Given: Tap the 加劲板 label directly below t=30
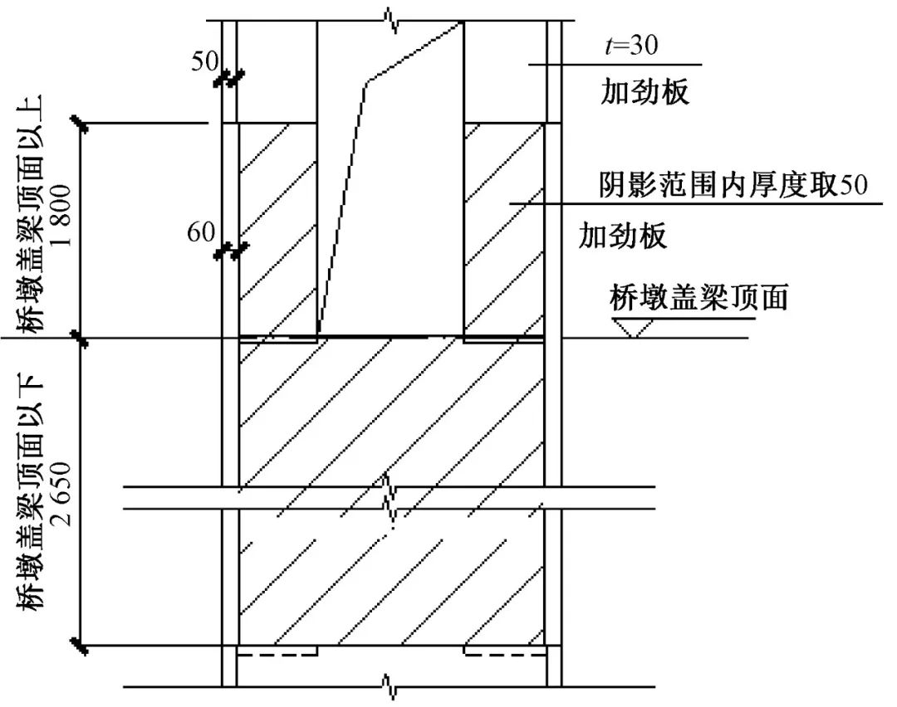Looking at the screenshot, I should [x=645, y=93].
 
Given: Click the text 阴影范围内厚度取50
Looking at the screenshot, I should [x=733, y=184].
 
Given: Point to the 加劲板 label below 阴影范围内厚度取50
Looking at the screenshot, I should [x=623, y=237].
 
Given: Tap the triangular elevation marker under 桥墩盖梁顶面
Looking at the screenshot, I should [x=637, y=329].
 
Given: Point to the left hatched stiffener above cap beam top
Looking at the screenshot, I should [x=277, y=229].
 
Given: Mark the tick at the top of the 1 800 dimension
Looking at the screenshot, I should [x=80, y=124].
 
